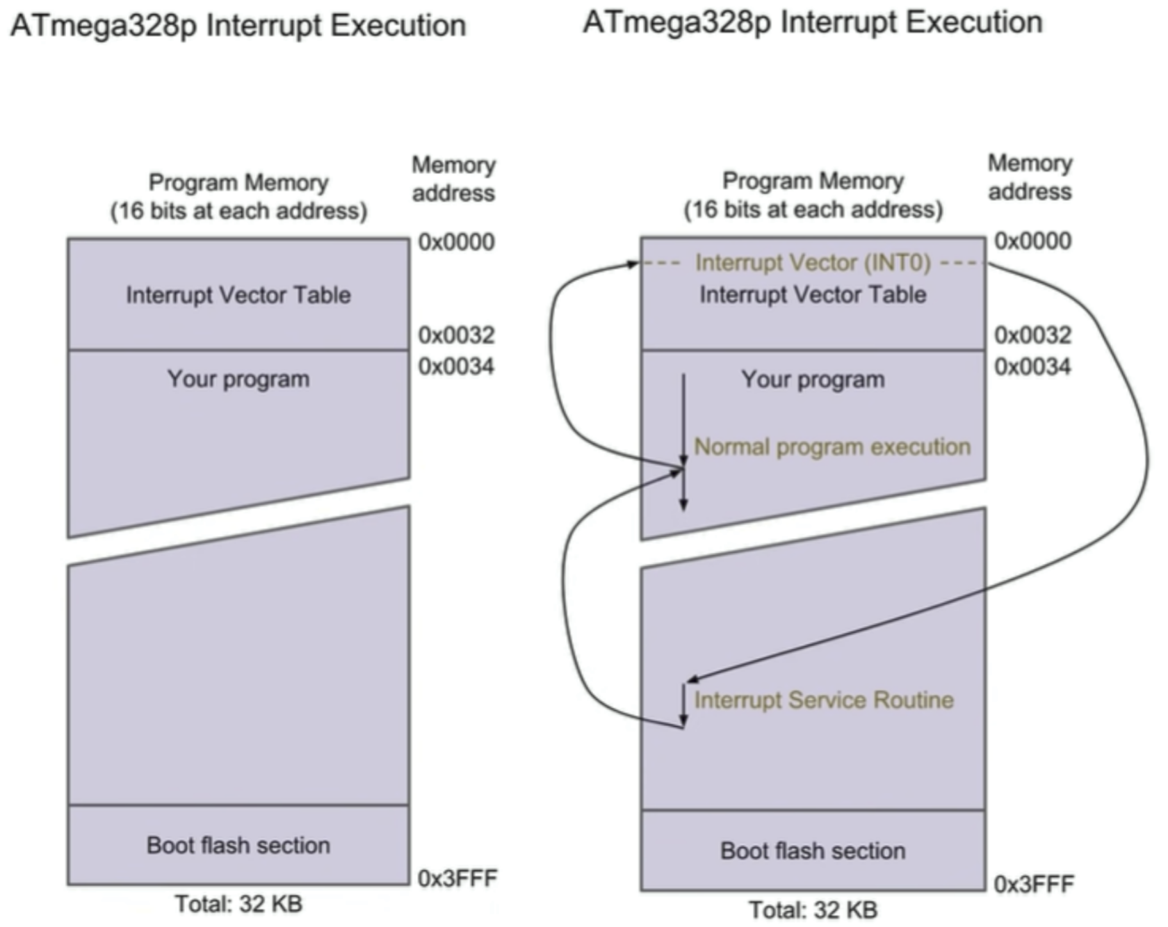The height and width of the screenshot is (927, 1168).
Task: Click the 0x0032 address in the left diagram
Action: [456, 335]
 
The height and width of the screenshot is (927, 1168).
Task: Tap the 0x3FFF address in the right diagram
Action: [1033, 884]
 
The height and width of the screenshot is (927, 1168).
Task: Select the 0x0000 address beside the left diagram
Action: [456, 242]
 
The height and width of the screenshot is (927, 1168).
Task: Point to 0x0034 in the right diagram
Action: [1032, 366]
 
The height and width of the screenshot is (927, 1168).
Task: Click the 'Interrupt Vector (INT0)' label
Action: [812, 263]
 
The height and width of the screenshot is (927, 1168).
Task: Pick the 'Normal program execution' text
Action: [832, 446]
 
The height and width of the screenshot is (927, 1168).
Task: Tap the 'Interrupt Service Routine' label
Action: [824, 700]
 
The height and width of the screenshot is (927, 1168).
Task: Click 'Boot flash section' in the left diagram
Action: [238, 845]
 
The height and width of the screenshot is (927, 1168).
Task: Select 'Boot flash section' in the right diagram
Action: [812, 851]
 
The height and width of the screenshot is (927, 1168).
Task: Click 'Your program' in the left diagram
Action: [238, 379]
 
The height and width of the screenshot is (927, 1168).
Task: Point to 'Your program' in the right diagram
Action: [812, 379]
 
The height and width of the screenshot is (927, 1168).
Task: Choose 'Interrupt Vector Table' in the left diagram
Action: [238, 295]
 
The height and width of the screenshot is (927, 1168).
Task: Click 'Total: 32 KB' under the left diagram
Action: [238, 904]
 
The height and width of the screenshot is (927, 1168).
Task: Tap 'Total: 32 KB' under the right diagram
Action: [812, 910]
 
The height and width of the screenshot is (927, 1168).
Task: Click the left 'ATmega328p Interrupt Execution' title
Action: [238, 26]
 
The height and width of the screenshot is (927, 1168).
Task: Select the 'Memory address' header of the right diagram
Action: [1030, 177]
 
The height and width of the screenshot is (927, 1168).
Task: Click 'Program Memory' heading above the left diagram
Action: [238, 183]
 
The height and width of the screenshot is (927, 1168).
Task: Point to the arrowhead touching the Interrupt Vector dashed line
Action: [633, 264]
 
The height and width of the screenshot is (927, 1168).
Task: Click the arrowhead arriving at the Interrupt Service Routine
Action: [691, 679]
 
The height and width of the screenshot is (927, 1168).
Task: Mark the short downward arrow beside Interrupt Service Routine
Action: [683, 706]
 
